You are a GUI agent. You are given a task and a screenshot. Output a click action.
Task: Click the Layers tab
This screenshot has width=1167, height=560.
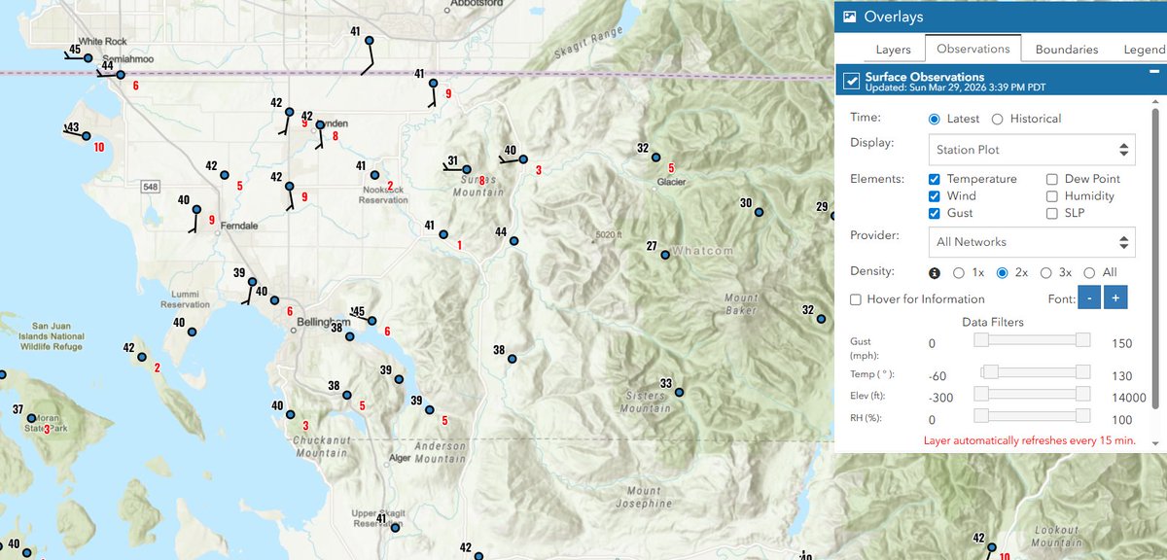pos(893,49)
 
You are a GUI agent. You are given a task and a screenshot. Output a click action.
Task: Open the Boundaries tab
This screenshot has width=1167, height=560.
pos(1066,49)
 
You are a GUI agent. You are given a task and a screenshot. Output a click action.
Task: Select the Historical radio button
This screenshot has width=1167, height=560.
pos(997,119)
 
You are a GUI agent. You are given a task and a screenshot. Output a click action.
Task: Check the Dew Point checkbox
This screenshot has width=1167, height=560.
pos(1052,179)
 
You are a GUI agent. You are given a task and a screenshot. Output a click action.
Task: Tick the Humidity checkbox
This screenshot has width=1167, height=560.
pos(1052,196)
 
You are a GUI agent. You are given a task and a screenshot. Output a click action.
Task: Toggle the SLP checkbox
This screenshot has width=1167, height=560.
pos(1052,213)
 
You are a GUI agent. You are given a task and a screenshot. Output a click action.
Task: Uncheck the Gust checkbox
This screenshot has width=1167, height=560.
pos(935,213)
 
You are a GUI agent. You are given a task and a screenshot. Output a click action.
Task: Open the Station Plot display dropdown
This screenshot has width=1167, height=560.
pos(1031,150)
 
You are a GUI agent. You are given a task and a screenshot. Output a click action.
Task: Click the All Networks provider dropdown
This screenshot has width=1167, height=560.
pos(1031,241)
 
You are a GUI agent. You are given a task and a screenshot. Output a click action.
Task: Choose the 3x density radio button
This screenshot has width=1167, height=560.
pos(1047,273)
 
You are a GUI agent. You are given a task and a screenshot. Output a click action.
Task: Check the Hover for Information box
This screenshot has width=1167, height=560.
pos(857,299)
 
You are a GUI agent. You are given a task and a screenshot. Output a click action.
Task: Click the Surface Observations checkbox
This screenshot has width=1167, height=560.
pos(851,80)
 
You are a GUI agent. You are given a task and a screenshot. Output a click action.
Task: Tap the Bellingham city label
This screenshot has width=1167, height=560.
pos(323,322)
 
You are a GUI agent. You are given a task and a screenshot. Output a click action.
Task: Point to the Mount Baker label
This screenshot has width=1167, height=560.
pos(740,304)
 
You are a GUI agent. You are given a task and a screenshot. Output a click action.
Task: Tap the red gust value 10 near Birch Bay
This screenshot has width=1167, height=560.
pos(99,148)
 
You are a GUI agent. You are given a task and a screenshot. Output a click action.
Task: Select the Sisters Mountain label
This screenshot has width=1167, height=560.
pos(644,402)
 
